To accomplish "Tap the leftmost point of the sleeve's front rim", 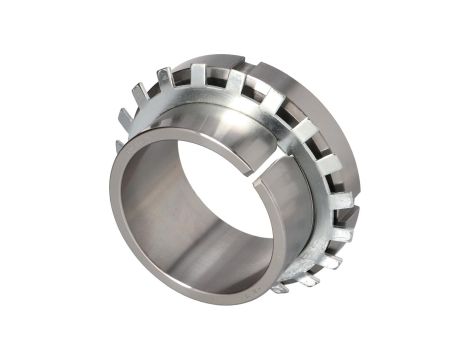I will (x=112, y=200).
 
